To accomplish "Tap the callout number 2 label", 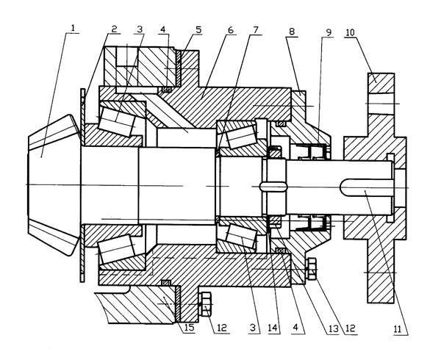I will (115, 29).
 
